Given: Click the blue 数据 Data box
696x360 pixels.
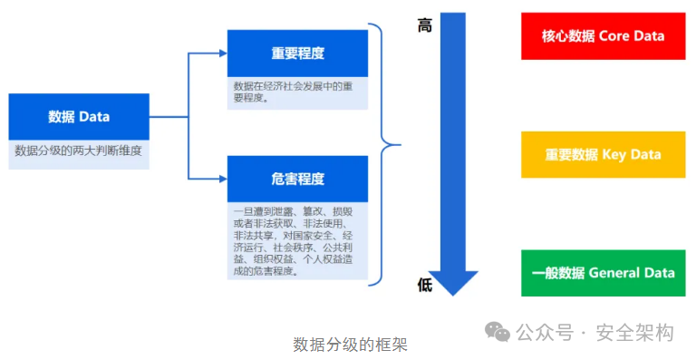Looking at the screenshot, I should pos(79,116).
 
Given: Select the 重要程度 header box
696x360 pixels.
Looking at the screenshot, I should pos(297,53).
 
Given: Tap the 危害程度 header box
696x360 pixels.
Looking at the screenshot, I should pos(297,179).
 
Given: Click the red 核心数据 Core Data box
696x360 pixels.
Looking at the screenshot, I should pos(603,36).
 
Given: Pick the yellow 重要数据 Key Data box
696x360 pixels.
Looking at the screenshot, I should pos(603,154).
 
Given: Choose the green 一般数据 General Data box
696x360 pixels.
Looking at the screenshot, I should pos(603,272).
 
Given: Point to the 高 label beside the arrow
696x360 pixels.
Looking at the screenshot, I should pos(424,25).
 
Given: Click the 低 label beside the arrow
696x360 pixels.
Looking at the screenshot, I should pos(424,285).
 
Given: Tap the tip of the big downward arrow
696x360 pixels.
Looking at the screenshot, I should pos(453,293).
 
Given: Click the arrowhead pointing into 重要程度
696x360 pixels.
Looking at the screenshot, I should pos(221,53).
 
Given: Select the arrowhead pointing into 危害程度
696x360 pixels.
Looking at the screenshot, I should pos(221,179).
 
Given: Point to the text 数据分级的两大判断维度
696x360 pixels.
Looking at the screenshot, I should pos(79,151).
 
